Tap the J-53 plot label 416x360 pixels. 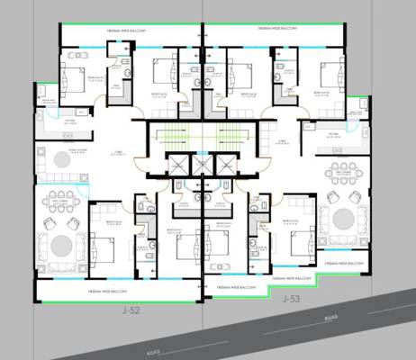click(x=290, y=298)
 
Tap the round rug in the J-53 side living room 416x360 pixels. click(x=343, y=219)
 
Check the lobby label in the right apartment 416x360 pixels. click(x=283, y=141)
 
